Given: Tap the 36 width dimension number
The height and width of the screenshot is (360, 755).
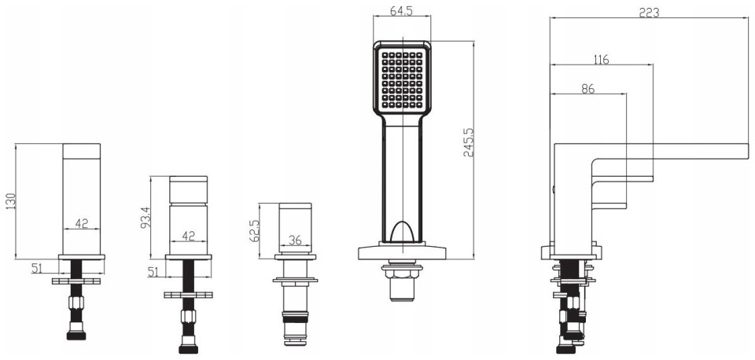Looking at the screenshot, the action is tap(294, 240).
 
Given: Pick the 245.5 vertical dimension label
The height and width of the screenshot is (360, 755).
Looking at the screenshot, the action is tap(469, 142).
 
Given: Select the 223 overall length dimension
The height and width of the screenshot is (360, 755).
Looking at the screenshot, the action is tap(649, 13).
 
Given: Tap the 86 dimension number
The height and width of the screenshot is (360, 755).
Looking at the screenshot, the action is tap(588, 89).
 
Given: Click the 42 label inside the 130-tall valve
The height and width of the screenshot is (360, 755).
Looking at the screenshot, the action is tap(82, 223).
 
